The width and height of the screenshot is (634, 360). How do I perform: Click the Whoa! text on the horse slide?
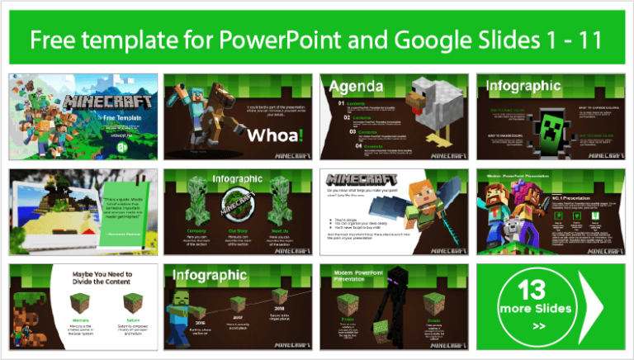click(x=275, y=133)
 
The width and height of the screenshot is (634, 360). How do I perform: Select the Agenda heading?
click(x=355, y=86)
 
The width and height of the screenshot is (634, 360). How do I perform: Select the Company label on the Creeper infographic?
click(x=196, y=232)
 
